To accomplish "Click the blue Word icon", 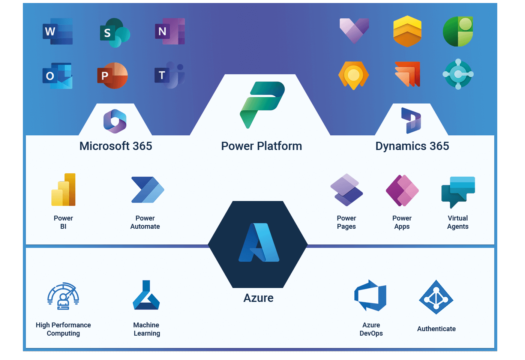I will [x=57, y=31].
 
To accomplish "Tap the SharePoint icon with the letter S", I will [x=114, y=33].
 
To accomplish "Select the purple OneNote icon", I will [x=170, y=31].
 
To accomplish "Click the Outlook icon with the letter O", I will [x=57, y=76].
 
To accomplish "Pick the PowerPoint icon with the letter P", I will [x=112, y=75].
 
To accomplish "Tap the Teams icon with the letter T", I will [x=169, y=75].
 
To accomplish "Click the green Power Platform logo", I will [x=262, y=104].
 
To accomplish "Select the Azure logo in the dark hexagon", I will [x=259, y=243].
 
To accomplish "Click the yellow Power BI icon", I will [x=64, y=190].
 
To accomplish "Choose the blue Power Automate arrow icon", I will [x=147, y=190].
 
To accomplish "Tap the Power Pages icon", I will [x=346, y=190].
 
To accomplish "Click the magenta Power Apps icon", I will [x=402, y=190].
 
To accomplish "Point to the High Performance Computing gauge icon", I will [x=63, y=296].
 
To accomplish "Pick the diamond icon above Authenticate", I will [x=436, y=297].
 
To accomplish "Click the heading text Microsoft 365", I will [x=116, y=146].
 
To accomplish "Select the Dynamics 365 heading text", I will [x=412, y=146].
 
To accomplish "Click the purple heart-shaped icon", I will [x=354, y=30].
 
